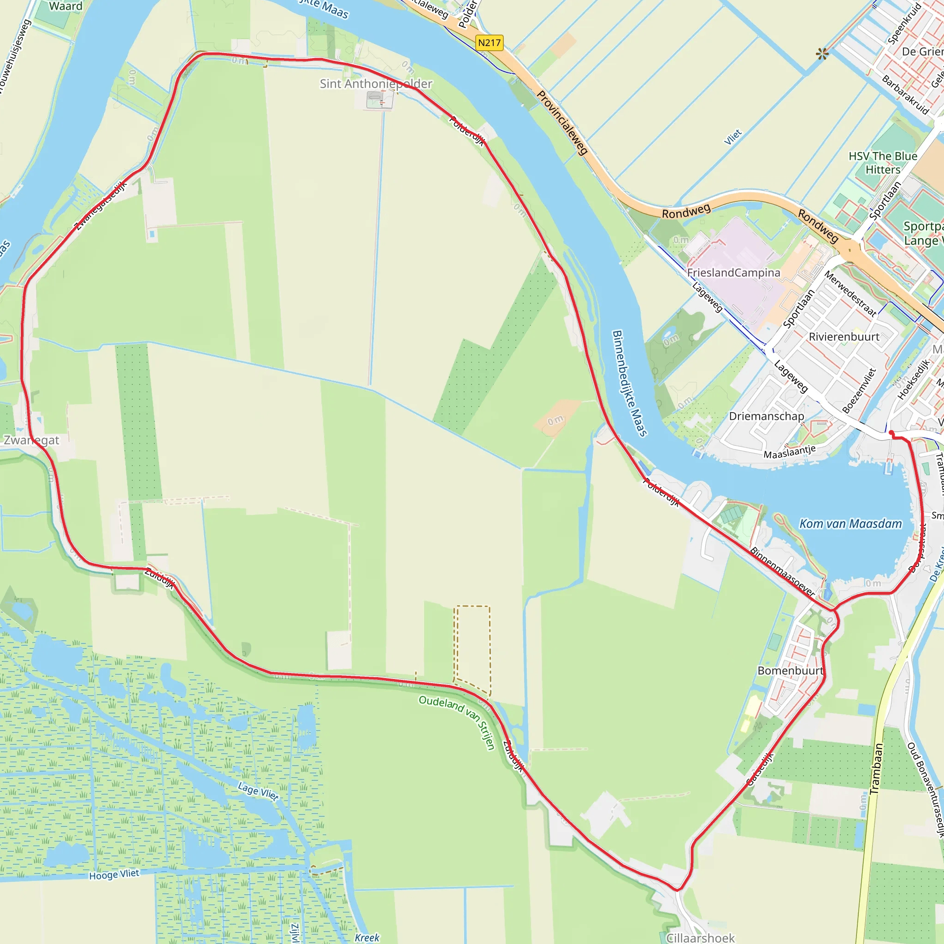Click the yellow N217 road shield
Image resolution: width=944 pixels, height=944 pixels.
point(489,42)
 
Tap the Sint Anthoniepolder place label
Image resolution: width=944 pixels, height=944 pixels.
point(376,83)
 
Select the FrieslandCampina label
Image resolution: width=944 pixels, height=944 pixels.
point(733,273)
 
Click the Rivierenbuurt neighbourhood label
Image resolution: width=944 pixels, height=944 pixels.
point(844,336)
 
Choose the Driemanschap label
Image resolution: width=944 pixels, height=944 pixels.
point(767,416)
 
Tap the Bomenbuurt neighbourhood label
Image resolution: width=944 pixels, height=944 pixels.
point(790,670)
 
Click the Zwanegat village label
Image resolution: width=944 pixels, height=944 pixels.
point(31,440)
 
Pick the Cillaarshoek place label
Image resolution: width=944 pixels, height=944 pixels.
point(700,938)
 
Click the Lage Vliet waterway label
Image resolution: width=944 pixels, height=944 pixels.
point(258,791)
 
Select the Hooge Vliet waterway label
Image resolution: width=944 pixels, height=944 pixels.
point(114,874)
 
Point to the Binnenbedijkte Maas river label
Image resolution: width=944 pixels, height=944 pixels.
point(629,383)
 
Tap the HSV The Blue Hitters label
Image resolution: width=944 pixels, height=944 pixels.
point(883,163)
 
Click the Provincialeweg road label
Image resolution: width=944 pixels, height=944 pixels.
point(562,123)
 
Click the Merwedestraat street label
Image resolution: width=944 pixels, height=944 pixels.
point(850,293)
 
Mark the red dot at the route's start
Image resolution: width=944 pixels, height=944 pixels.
point(892,433)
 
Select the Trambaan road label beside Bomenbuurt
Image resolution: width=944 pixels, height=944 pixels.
point(877,768)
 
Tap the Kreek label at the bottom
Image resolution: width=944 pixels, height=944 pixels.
point(367,938)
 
